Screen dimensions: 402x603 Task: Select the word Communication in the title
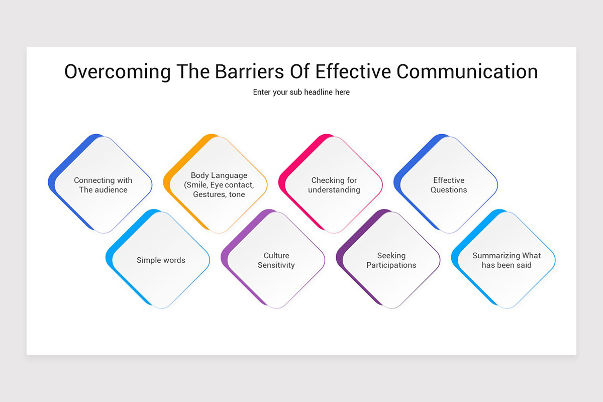point(467,72)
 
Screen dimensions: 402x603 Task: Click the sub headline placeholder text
point(301,92)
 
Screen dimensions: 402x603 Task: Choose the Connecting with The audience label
point(103,185)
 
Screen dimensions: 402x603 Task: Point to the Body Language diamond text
point(219,185)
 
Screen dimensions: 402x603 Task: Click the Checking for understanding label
point(334,185)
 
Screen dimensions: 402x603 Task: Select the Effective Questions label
point(449,185)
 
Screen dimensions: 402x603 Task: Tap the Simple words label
point(161,260)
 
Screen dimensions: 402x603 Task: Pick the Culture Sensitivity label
point(276,260)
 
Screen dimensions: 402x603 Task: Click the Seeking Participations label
point(391,260)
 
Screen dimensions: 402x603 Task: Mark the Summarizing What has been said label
point(507,260)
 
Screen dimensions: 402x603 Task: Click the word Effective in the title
point(353,72)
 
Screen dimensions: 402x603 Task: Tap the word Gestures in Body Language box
point(210,194)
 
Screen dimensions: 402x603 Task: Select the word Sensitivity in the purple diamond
point(276,265)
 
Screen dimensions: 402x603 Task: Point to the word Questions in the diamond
point(449,190)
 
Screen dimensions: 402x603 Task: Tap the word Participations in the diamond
point(391,265)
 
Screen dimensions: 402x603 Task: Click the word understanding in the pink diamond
point(334,190)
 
